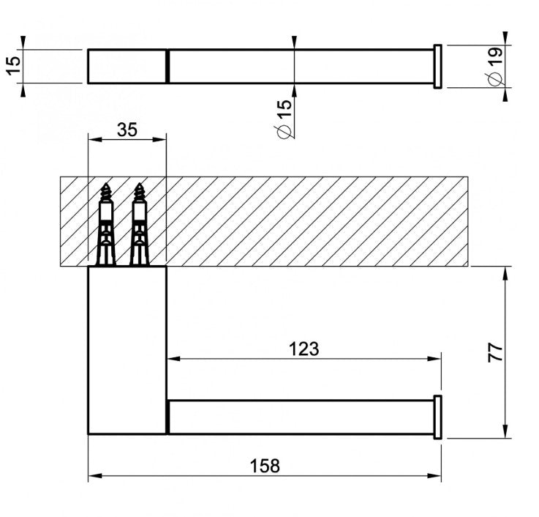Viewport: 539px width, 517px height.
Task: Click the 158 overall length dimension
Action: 265,466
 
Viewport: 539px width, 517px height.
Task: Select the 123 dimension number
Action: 304,349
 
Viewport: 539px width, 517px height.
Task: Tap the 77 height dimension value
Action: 495,352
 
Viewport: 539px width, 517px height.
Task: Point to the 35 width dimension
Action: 127,130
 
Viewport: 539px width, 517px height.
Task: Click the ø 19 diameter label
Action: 494,66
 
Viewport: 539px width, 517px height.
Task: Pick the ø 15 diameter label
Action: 284,119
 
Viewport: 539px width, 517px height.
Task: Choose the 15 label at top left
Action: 14,65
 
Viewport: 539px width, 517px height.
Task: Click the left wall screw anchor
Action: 105,224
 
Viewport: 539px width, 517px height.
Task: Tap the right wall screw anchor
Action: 139,224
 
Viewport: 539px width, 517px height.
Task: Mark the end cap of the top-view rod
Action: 437,67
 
